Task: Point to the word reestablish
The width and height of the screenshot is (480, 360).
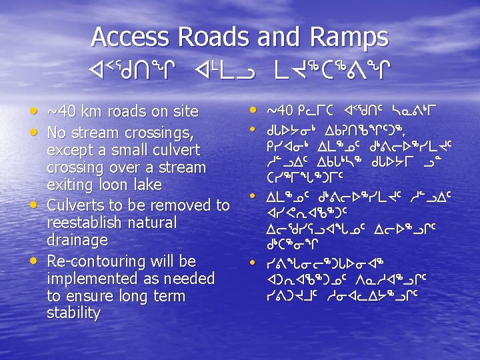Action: tap(89, 222)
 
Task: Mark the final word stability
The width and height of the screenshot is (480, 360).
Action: tap(73, 313)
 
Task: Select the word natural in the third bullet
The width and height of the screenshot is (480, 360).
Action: tap(155, 222)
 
